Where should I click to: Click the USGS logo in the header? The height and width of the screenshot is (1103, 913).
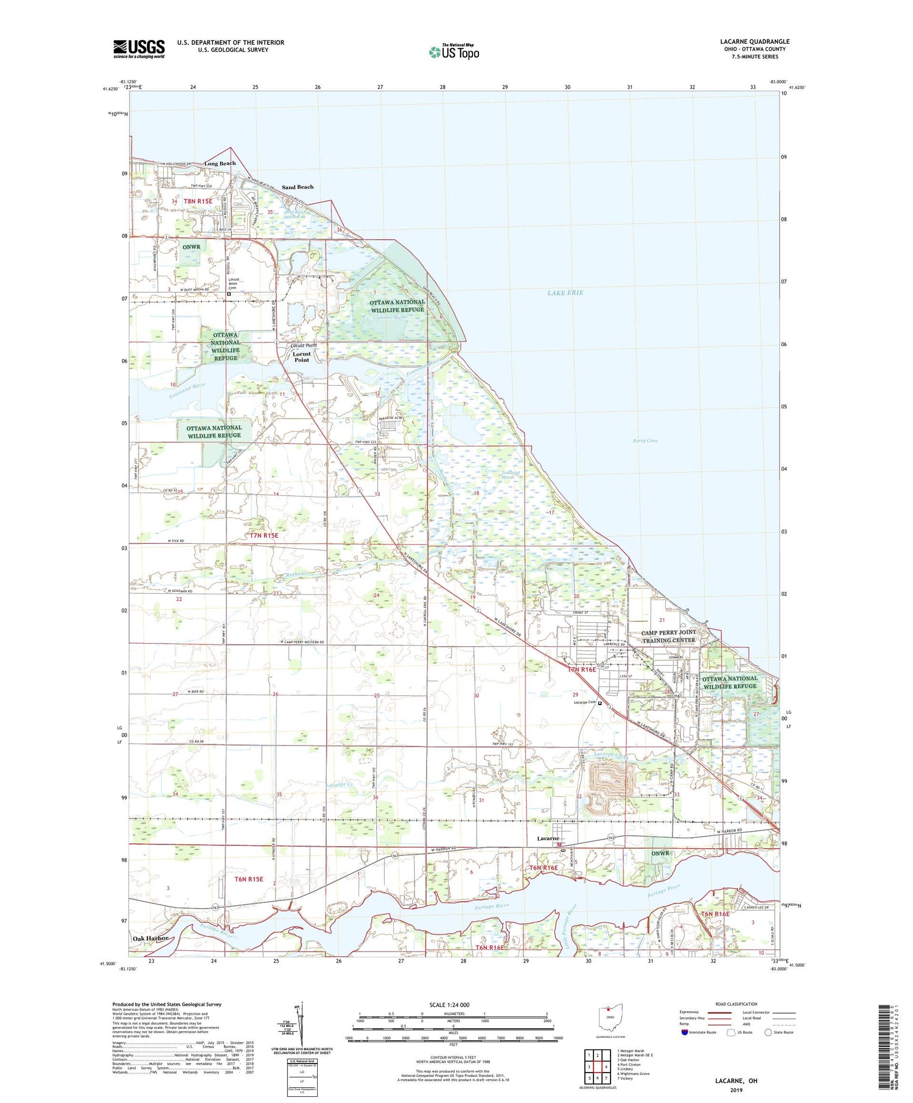click(x=139, y=49)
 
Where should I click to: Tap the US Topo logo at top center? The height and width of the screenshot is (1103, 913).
click(x=453, y=52)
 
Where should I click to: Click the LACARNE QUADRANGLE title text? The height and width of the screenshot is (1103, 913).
click(x=755, y=41)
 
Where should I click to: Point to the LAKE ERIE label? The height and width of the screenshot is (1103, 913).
click(x=565, y=293)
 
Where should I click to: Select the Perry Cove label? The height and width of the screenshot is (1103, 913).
click(x=645, y=440)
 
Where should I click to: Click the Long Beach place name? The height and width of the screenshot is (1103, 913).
click(x=220, y=164)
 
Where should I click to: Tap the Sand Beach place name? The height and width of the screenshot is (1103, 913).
click(x=298, y=187)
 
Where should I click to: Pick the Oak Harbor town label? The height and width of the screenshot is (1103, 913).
click(x=150, y=938)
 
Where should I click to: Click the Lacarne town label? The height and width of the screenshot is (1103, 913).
click(x=548, y=838)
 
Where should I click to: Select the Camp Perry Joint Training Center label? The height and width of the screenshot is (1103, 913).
click(x=668, y=636)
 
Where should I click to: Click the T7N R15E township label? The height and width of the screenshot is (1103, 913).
click(x=264, y=535)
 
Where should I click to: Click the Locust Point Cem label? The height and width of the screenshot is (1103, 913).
click(x=233, y=284)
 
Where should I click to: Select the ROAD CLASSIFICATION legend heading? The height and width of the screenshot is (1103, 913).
click(x=736, y=1004)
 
